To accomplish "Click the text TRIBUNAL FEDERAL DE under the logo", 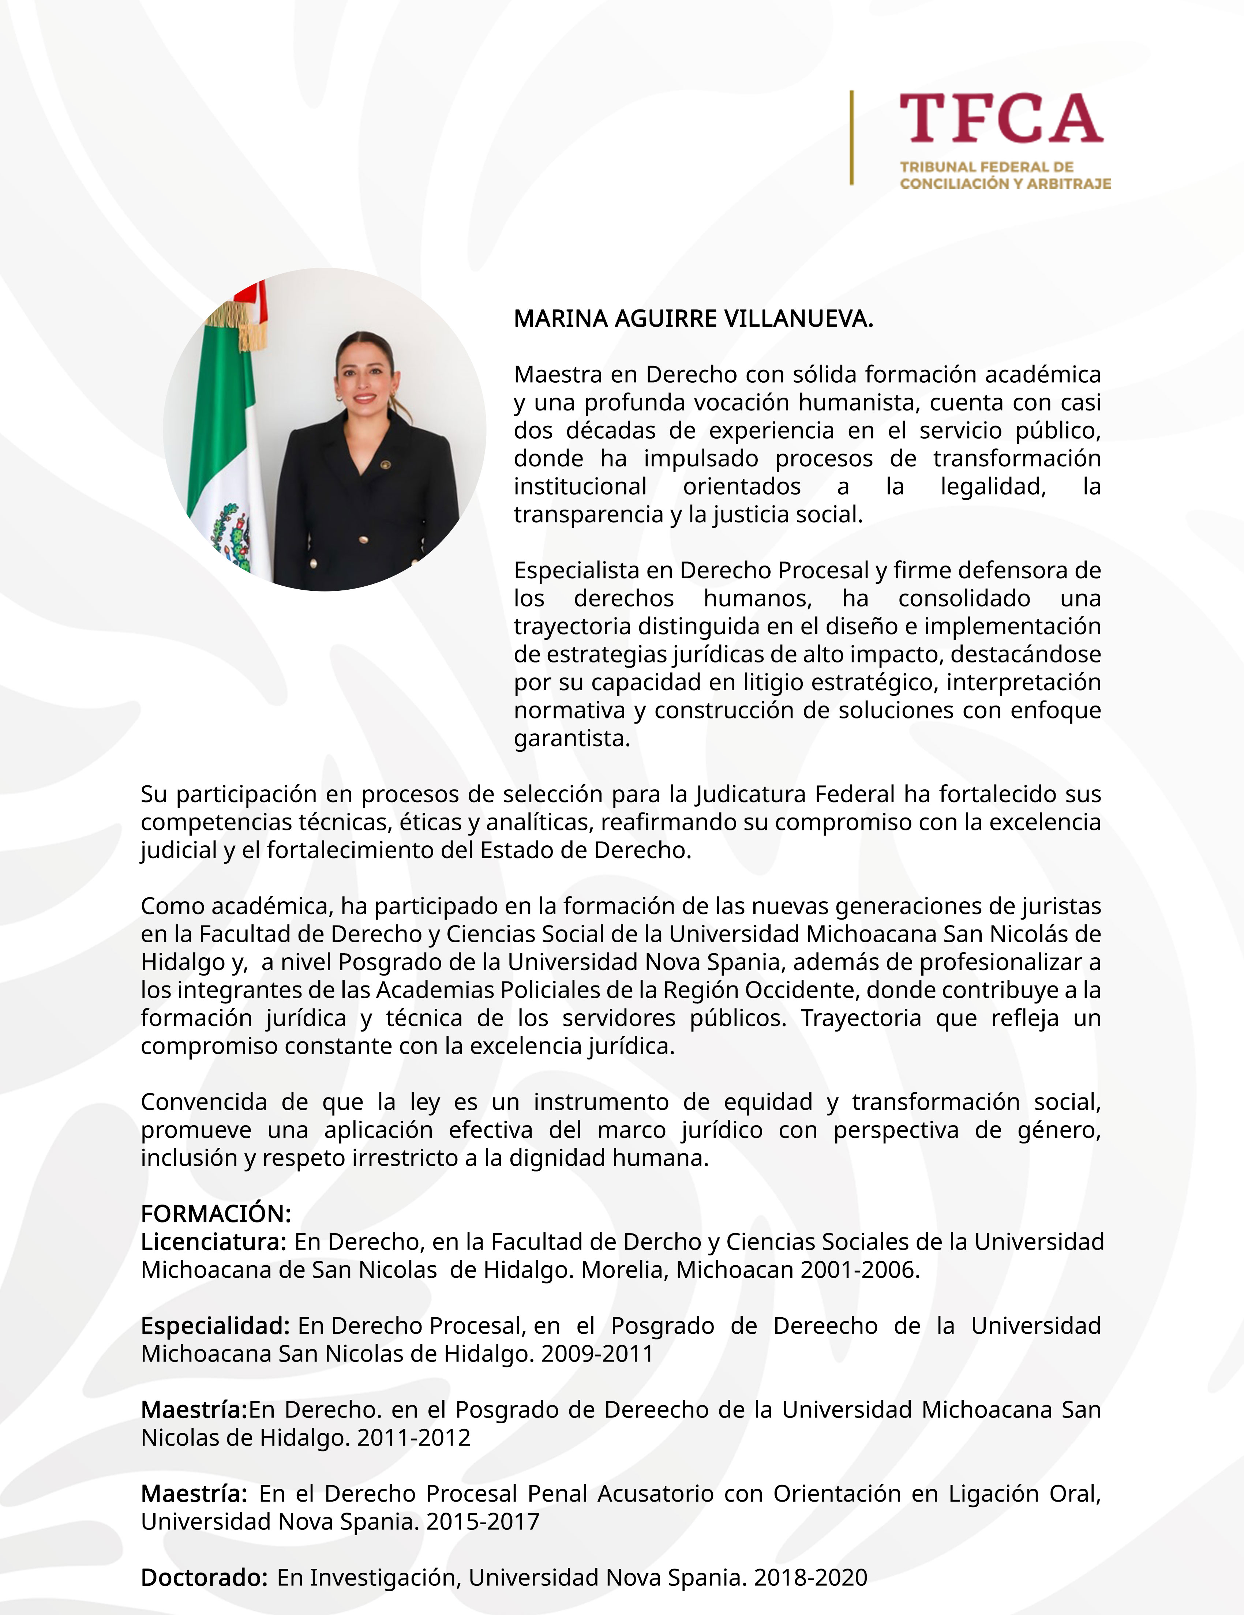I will pos(986,167).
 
